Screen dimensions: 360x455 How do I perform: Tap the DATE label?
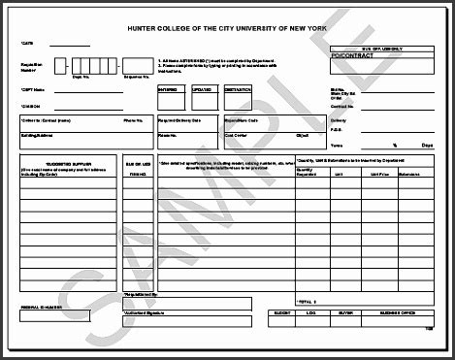point(26,44)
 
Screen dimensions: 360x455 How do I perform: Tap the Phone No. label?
point(133,120)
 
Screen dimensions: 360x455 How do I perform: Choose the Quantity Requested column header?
point(306,172)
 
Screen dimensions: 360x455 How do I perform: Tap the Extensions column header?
point(408,174)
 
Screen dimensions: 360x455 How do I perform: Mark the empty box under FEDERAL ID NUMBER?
point(54,315)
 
